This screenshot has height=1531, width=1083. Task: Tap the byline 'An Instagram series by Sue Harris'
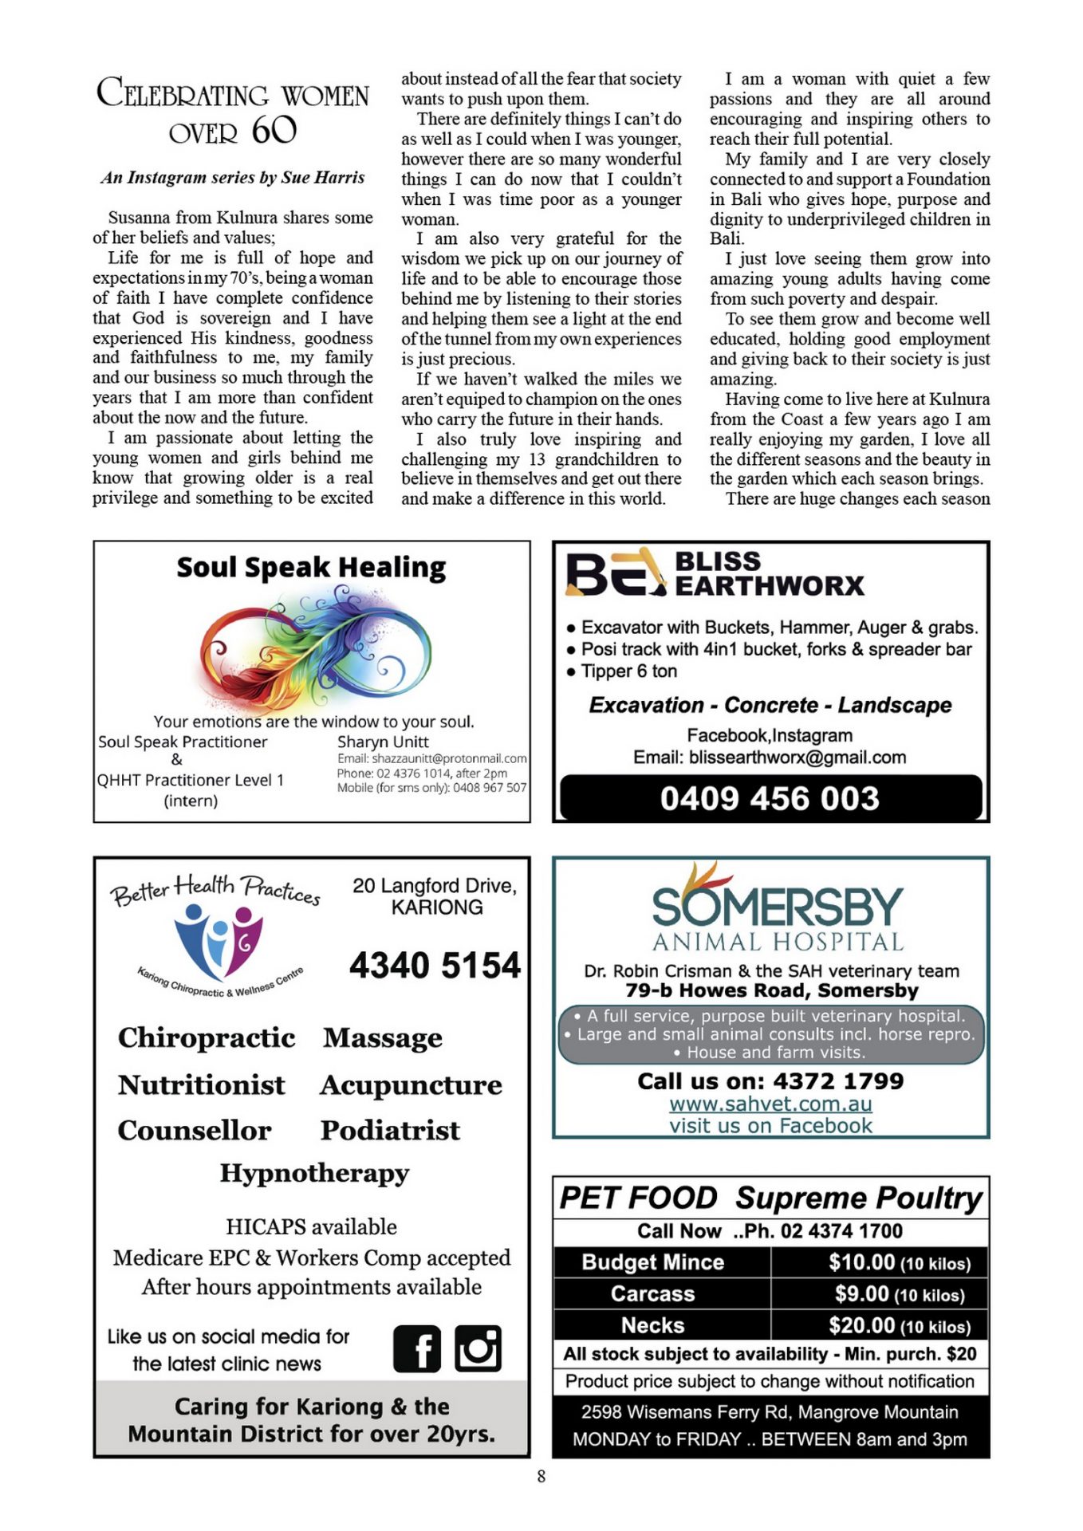(232, 177)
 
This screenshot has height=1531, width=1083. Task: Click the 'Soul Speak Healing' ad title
(311, 568)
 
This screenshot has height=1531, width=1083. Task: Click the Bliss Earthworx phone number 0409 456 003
(770, 798)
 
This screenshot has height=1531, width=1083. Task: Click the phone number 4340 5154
(435, 965)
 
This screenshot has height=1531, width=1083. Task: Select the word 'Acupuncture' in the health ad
(411, 1085)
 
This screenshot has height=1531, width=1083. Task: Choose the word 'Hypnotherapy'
(314, 1173)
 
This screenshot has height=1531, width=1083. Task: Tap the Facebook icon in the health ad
(416, 1348)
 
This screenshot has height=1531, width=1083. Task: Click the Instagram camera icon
(478, 1348)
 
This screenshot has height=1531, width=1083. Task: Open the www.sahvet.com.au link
(770, 1104)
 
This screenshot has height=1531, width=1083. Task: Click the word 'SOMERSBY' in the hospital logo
(777, 907)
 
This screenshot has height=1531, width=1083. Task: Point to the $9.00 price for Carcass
(862, 1293)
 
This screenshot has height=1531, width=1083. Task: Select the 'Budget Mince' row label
(653, 1262)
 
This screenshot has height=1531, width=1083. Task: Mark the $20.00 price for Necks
(862, 1325)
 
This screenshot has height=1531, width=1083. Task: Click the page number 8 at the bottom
(541, 1476)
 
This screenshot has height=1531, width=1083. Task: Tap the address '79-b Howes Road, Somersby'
(771, 990)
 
